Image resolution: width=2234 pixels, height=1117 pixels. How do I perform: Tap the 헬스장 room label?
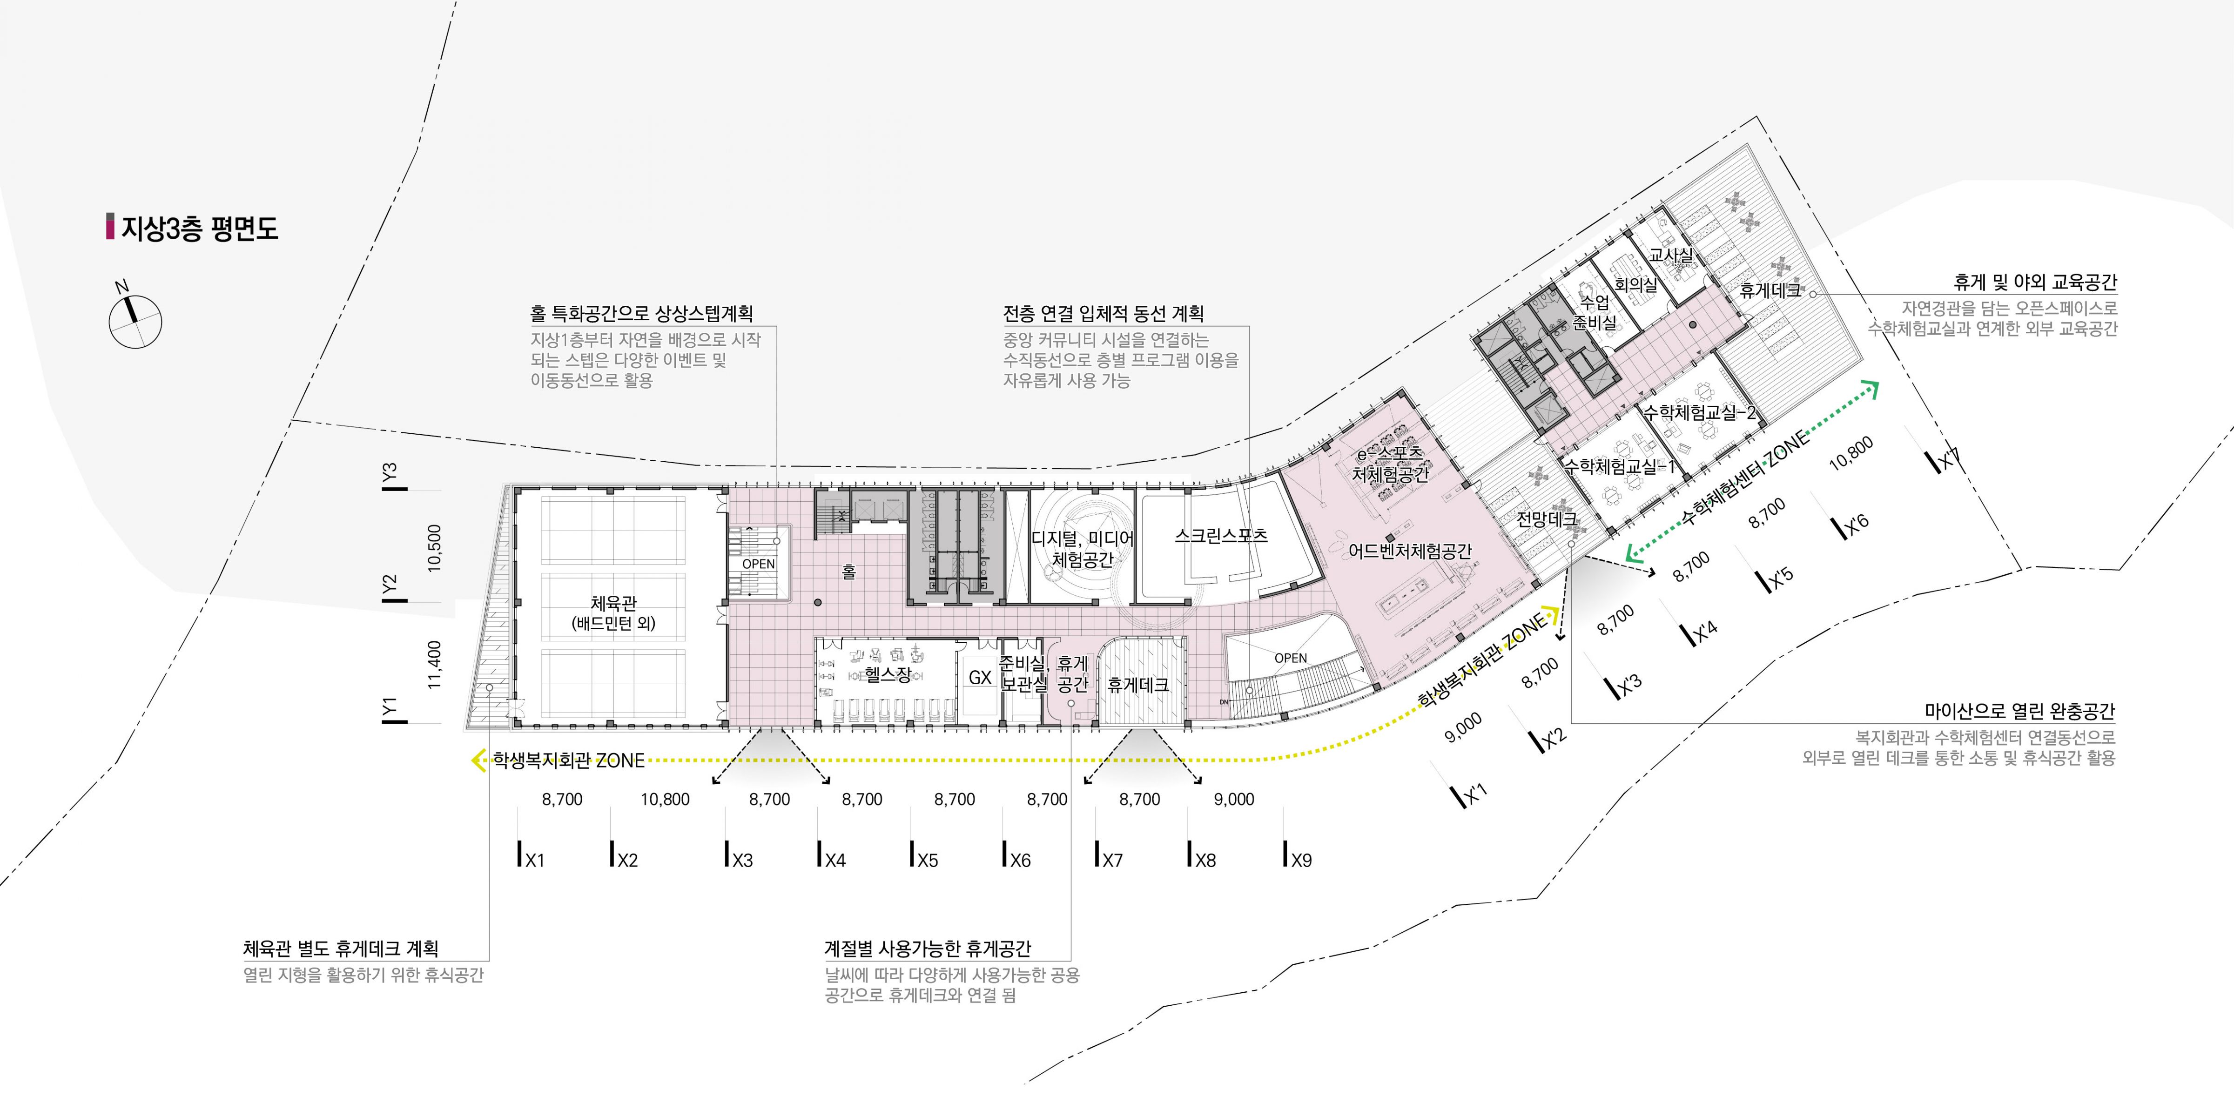(888, 674)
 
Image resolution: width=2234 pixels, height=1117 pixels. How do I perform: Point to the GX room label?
(980, 677)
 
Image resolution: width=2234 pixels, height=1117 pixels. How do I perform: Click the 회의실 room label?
(1635, 283)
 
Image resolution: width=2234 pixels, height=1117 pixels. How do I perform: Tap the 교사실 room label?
(1670, 255)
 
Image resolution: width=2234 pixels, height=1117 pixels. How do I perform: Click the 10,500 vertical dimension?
(435, 547)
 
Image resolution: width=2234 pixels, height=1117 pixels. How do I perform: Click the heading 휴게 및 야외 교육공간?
(2034, 282)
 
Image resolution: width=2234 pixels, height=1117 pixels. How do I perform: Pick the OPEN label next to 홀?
(758, 564)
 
